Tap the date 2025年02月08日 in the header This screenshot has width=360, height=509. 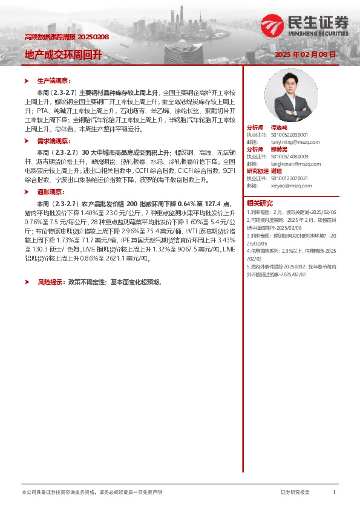(x=305, y=54)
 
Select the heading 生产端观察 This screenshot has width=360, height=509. (x=54, y=80)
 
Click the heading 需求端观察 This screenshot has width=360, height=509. (x=54, y=140)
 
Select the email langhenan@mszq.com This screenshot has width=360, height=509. (x=287, y=163)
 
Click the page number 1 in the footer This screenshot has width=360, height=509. (x=333, y=493)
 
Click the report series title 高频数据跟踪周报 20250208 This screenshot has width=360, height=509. (x=67, y=37)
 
